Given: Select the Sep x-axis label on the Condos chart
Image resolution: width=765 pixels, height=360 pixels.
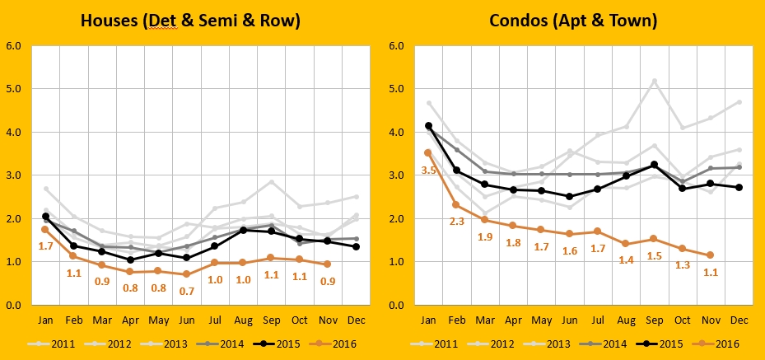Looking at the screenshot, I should pos(654,320).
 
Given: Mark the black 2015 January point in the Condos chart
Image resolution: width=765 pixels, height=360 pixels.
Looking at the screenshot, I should pos(429,126).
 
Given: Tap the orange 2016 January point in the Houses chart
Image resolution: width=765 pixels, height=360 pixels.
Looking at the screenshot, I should pos(46,229).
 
